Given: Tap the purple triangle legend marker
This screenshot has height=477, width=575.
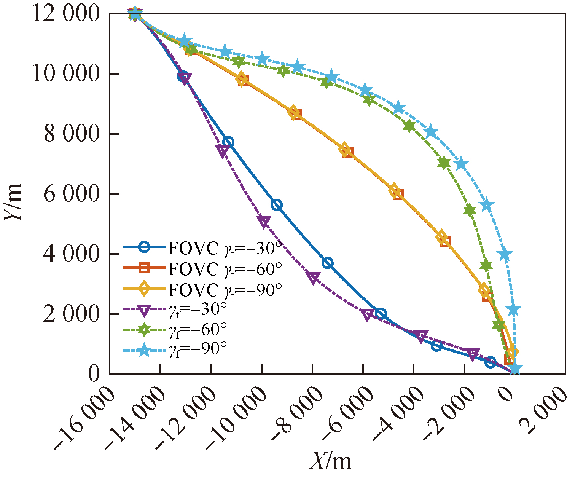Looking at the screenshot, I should [x=144, y=310].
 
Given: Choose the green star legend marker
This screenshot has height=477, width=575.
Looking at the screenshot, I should [x=144, y=330].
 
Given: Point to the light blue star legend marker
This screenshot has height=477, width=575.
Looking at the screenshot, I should [x=144, y=349].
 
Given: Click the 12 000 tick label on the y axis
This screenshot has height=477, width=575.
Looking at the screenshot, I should [x=65, y=14].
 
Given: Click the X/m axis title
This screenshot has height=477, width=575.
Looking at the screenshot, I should [x=330, y=461].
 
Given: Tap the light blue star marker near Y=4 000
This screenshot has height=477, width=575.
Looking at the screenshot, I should [x=505, y=255].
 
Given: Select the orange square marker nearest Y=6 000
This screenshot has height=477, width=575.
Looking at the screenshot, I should [x=398, y=195].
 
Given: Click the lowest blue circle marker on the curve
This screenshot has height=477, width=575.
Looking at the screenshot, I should [x=491, y=362].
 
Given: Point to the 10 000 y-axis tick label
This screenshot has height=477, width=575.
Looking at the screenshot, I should [x=65, y=74].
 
